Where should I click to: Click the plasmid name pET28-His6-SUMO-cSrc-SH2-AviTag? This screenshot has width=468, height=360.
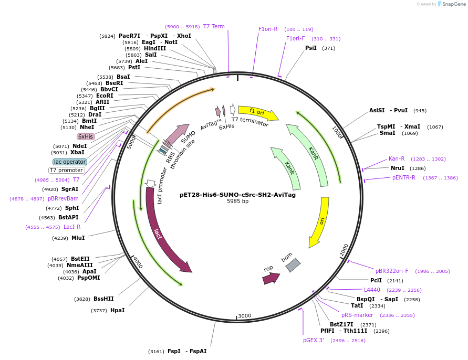tap(237, 195)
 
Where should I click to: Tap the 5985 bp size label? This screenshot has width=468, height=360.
tap(237, 202)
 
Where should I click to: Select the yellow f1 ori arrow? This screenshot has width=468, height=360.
tap(257, 112)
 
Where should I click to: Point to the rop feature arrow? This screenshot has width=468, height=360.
tap(271, 278)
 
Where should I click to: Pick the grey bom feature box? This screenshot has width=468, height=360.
tap(293, 265)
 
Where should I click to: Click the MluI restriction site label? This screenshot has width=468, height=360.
tap(78, 238)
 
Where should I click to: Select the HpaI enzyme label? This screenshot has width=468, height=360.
tap(117, 311)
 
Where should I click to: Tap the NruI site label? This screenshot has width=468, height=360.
tap(397, 168)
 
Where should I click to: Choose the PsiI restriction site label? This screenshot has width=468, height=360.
tap(311, 48)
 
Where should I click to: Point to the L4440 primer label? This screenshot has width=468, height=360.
tap(372, 290)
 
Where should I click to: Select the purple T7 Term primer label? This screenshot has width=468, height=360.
tap(214, 27)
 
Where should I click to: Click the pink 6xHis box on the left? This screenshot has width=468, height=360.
tap(86, 136)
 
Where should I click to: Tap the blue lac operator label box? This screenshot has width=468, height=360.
tap(69, 162)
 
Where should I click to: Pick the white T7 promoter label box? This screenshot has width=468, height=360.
tap(67, 170)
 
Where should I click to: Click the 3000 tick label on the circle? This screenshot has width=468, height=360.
tap(245, 316)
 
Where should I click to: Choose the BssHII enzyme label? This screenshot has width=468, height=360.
tap(103, 299)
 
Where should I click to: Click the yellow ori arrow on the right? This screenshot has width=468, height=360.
tap(320, 220)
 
